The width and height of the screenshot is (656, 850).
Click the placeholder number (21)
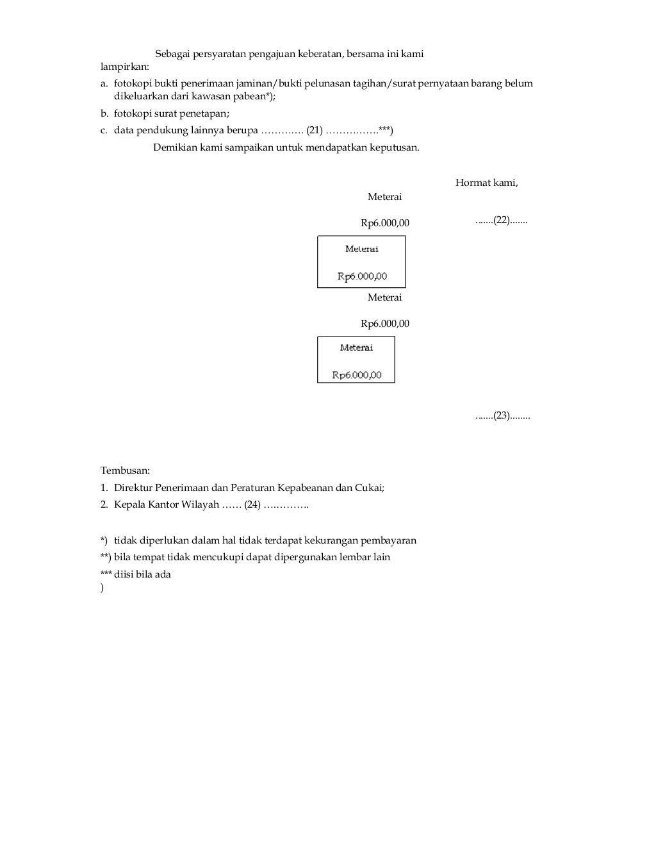[314, 131]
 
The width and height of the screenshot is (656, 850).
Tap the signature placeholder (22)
[501, 221]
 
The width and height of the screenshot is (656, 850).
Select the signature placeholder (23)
[502, 416]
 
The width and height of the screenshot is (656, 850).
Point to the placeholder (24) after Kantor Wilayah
[252, 505]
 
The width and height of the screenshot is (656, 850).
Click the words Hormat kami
[486, 183]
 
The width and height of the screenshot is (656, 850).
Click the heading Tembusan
[125, 471]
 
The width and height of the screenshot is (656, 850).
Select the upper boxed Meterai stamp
[361, 262]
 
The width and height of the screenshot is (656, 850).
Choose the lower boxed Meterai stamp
[356, 360]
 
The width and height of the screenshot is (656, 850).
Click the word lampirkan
[124, 67]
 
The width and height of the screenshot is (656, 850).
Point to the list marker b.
[104, 113]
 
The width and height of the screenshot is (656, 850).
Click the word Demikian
[174, 147]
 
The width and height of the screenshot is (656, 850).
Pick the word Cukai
[369, 488]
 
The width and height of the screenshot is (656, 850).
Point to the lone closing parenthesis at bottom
[102, 588]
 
